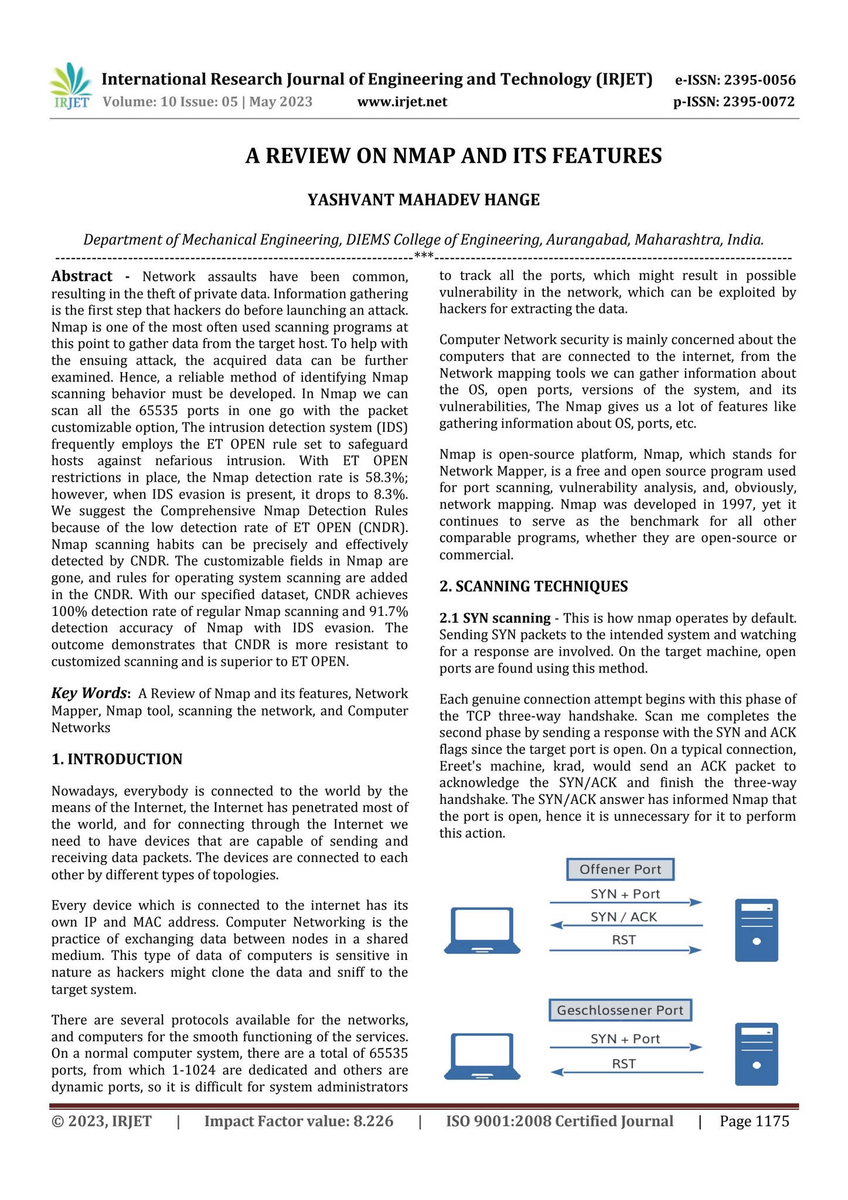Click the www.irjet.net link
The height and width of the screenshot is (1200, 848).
point(401,103)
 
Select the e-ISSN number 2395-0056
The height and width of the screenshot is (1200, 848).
point(760,80)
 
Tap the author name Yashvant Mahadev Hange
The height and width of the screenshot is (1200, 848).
point(424,200)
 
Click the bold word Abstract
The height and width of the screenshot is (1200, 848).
point(81,277)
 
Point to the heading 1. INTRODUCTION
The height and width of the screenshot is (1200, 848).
point(117,759)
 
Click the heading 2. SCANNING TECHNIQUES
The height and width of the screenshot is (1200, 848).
point(533,587)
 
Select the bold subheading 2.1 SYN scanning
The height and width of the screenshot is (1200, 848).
point(495,618)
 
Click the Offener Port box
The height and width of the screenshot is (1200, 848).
point(620,870)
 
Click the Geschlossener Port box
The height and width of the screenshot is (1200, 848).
point(620,1010)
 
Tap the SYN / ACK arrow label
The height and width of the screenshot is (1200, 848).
point(624,917)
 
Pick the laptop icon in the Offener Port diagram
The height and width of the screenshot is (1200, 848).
point(482,930)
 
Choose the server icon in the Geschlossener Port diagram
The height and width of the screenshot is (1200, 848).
point(756,1054)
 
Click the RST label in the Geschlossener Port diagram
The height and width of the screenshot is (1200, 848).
point(624,1063)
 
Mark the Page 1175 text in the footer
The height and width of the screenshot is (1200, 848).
point(754,1121)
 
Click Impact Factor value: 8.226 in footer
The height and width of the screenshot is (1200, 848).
point(298,1121)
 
